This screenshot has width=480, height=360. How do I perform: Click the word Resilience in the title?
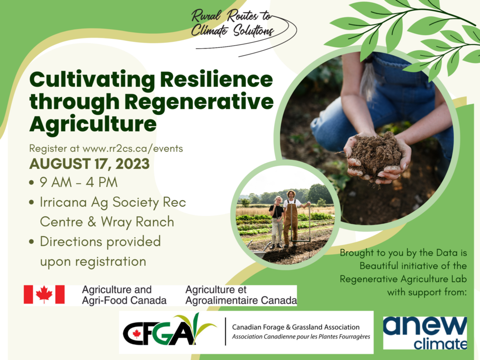217,80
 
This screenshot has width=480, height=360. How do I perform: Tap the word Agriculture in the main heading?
93,124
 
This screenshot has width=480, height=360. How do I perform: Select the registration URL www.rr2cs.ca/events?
133,149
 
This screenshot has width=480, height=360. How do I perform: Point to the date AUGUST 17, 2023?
90,164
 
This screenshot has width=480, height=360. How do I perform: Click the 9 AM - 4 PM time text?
79,182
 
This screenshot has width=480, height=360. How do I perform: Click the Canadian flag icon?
45,294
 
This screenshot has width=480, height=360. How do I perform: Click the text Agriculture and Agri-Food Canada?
124,295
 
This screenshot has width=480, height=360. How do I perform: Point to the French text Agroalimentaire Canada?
241,300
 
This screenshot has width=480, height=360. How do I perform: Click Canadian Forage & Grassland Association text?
296,327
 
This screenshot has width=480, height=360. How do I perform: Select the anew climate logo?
425,333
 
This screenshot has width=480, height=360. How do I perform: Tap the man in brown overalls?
291,218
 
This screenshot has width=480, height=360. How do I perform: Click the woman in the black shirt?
277,222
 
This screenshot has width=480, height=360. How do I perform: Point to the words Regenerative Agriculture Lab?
404,279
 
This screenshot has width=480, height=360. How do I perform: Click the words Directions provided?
100,242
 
